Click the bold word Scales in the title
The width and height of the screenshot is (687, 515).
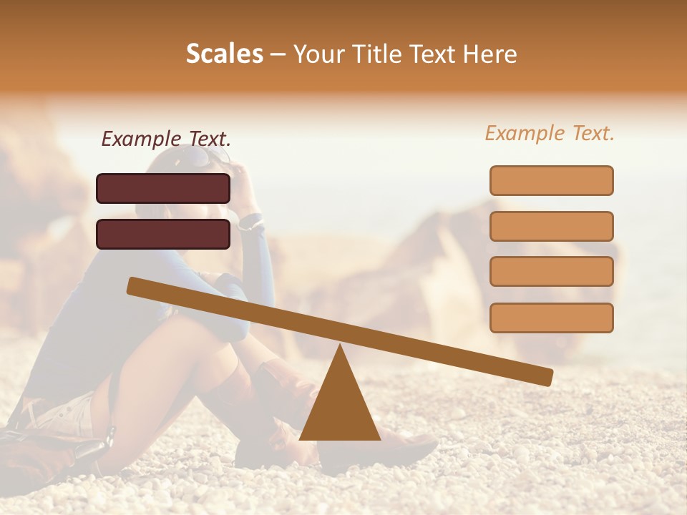[x=225, y=54]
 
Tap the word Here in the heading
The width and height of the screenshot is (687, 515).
[x=490, y=54]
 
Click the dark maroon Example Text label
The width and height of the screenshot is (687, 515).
[x=166, y=138]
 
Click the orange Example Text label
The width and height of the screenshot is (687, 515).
[x=550, y=133]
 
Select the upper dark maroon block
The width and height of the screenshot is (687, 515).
[x=163, y=188]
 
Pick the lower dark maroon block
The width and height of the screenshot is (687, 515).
[x=163, y=234]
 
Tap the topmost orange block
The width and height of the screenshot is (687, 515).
[x=551, y=180]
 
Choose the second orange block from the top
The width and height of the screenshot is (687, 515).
[x=551, y=226]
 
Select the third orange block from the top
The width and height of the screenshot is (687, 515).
[x=551, y=271]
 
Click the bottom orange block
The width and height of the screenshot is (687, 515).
[x=551, y=318]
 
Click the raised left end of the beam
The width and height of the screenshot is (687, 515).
[x=136, y=286]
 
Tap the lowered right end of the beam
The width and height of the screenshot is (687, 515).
[x=544, y=376]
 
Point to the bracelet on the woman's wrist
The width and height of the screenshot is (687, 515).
[x=250, y=221]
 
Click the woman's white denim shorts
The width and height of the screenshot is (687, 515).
[x=68, y=415]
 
